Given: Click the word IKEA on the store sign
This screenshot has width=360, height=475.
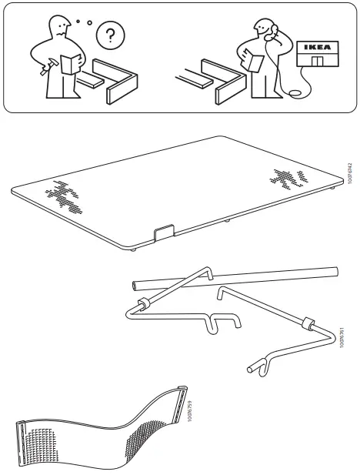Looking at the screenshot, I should (315, 47).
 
